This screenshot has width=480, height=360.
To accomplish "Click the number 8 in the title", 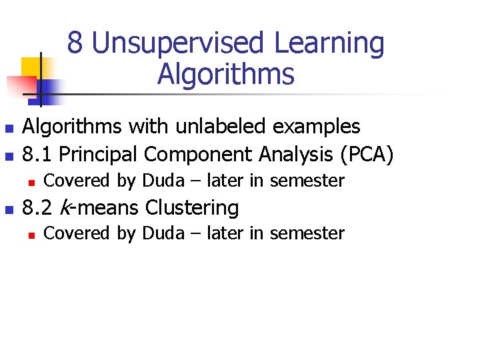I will (x=75, y=44).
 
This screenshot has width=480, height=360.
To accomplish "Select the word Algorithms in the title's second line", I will (x=225, y=74).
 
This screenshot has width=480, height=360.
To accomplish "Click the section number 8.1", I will (x=37, y=154).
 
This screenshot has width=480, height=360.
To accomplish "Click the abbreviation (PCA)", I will (x=367, y=155).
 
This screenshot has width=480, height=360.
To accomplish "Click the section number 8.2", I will (x=38, y=208).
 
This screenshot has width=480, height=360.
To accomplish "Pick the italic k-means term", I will (x=99, y=208).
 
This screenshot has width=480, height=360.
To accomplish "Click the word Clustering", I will (x=192, y=209).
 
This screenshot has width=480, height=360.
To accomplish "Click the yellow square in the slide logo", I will (x=31, y=67).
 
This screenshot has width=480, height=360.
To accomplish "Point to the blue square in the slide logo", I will (x=49, y=87).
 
